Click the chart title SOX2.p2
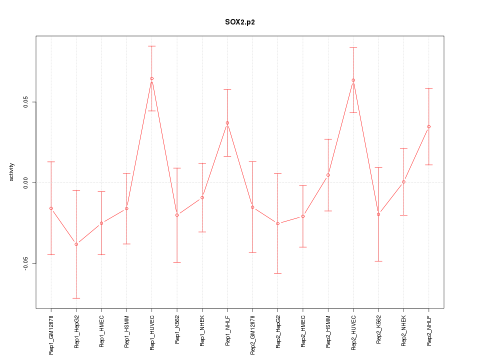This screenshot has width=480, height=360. click(x=240, y=22)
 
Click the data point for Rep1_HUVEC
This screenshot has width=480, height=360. click(x=151, y=78)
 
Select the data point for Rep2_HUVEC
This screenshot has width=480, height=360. click(x=353, y=80)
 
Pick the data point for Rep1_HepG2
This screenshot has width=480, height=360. click(x=76, y=244)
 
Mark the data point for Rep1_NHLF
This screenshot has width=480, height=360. click(x=227, y=123)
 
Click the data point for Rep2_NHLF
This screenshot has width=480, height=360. click(x=428, y=126)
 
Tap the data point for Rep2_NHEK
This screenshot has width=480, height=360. click(x=403, y=182)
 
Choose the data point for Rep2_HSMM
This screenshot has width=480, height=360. click(x=328, y=175)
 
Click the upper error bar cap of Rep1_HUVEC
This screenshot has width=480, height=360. click(x=151, y=46)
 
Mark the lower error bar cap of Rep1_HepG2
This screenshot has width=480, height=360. click(x=76, y=298)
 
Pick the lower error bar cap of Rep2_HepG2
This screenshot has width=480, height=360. click(x=277, y=273)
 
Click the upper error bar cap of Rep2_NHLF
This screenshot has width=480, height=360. click(x=428, y=88)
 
